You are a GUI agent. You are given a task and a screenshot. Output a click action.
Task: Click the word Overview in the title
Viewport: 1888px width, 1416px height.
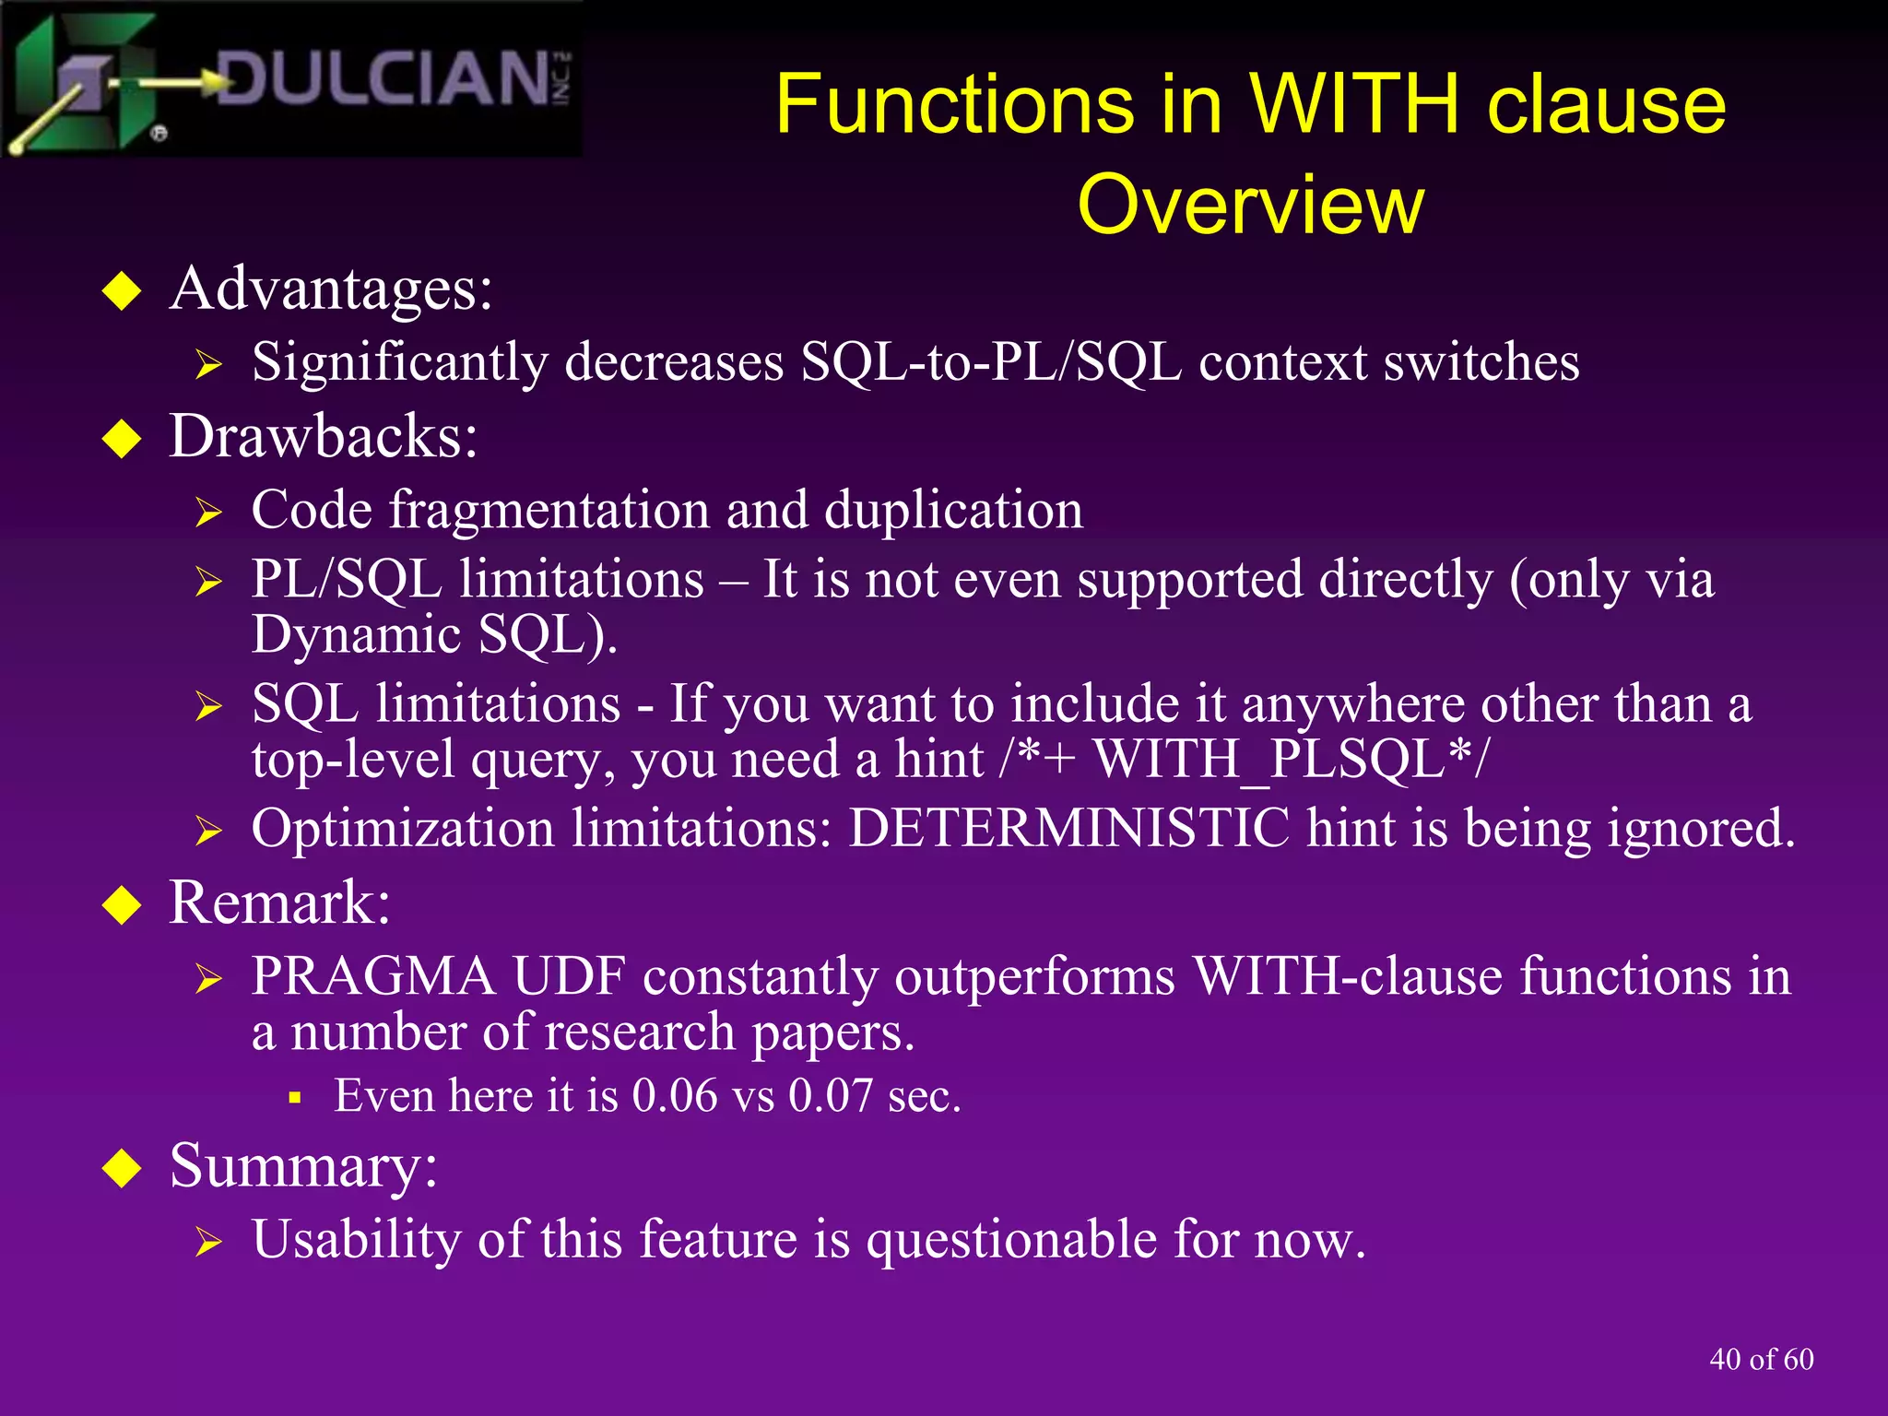[1250, 205]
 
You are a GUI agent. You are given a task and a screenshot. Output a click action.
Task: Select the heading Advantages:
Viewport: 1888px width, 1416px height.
[331, 289]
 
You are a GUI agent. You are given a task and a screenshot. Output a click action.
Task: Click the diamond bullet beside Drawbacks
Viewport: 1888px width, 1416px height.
[122, 439]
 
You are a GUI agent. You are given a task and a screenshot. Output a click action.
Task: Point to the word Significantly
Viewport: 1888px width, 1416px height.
[399, 361]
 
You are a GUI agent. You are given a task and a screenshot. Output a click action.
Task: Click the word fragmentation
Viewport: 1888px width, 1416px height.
[549, 510]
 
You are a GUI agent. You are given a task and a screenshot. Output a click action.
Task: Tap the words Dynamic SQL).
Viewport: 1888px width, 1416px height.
[434, 635]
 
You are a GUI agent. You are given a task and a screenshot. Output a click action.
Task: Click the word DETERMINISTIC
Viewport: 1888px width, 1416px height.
[1068, 828]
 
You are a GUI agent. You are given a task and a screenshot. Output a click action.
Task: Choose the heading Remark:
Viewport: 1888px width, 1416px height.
[279, 903]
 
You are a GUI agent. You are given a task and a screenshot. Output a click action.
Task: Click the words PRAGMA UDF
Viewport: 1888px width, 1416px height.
[438, 976]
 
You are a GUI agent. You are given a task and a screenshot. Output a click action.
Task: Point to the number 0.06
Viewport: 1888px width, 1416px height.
[675, 1096]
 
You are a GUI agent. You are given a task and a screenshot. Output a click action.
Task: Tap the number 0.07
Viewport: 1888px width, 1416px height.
[830, 1096]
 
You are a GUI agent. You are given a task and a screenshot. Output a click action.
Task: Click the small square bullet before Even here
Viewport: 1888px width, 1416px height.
[295, 1098]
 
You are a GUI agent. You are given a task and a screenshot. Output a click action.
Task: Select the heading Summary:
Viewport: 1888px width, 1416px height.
[303, 1166]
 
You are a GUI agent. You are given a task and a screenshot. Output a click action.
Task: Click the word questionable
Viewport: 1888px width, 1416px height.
[1011, 1239]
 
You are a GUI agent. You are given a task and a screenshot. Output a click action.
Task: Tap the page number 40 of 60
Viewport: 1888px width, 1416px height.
[1761, 1359]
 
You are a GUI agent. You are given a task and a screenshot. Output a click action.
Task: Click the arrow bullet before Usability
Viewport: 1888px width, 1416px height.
[208, 1243]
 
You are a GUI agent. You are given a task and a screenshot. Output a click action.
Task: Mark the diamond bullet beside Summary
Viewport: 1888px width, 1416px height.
[122, 1169]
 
